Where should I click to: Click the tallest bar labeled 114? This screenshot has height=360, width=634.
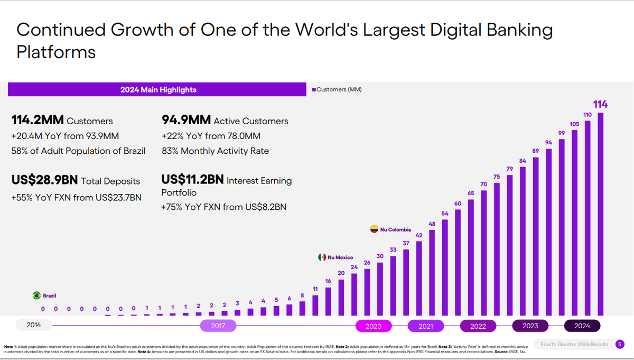(x=600, y=214)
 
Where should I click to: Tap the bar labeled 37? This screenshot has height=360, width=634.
(x=406, y=282)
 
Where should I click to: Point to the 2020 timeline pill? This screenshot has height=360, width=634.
(x=374, y=326)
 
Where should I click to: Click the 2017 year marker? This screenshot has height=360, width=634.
(x=218, y=326)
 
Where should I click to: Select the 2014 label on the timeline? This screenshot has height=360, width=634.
(x=34, y=325)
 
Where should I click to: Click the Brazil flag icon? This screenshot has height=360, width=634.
(x=37, y=296)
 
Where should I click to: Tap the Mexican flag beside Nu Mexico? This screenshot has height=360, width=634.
(x=321, y=257)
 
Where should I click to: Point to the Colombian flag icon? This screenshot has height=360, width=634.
(x=374, y=229)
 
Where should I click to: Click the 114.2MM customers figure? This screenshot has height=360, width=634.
(x=38, y=121)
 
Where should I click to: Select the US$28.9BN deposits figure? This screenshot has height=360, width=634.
(x=44, y=180)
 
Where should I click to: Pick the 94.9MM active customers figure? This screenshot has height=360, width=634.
(x=186, y=121)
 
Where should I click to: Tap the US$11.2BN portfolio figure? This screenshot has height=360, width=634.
(x=192, y=180)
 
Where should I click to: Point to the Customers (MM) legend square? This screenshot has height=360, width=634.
(x=314, y=90)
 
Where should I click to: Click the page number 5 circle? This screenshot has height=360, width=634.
(x=620, y=345)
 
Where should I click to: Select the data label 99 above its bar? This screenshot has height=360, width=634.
(x=562, y=132)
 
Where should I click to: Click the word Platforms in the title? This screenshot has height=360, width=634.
(x=56, y=53)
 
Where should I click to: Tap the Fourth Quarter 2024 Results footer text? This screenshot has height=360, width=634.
(x=574, y=345)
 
